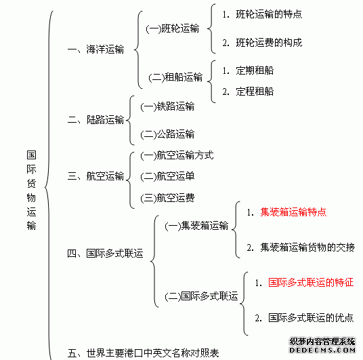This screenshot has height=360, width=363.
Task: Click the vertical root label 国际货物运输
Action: click(x=31, y=190)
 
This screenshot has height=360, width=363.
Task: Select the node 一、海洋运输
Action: click(x=95, y=49)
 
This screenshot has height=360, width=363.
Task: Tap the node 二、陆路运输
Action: click(x=95, y=120)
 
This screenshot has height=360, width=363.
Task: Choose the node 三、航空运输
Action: click(x=95, y=176)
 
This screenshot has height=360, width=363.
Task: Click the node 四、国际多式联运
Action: click(x=105, y=254)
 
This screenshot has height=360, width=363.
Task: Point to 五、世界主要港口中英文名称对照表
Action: click(x=143, y=353)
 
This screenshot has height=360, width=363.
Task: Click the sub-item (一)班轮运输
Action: click(x=173, y=28)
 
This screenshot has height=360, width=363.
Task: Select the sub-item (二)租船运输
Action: click(x=175, y=77)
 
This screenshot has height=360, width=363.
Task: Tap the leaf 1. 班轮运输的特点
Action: click(x=262, y=14)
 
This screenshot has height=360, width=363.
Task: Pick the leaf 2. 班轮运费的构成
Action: click(x=262, y=43)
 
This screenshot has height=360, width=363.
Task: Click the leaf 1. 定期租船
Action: click(x=248, y=71)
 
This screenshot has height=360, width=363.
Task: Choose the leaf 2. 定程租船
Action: click(x=248, y=92)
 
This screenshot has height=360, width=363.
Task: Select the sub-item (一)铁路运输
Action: click(x=167, y=106)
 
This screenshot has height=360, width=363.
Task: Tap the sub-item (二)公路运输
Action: click(x=167, y=134)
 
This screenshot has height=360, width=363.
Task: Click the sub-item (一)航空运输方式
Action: click(x=177, y=155)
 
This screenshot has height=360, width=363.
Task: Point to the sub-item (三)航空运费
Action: click(x=167, y=198)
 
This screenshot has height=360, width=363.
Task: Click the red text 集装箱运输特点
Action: click(x=293, y=212)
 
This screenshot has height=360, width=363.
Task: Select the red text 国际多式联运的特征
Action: click(x=311, y=282)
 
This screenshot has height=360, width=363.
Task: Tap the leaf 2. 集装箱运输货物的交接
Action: click(x=301, y=247)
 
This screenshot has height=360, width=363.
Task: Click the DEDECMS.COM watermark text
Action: click(x=322, y=350)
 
